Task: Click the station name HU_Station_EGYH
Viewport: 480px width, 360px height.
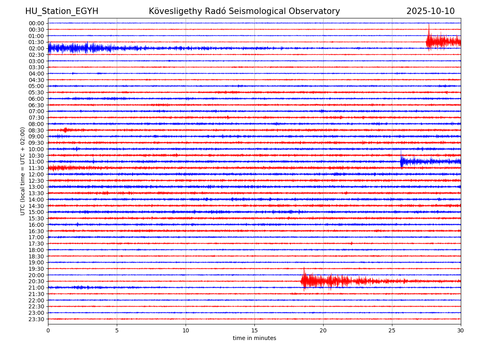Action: tap(62, 11)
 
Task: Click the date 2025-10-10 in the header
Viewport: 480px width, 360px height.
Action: tap(430, 11)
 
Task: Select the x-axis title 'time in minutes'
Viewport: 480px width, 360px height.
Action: tap(254, 338)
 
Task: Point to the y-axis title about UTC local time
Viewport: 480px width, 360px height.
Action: tap(23, 171)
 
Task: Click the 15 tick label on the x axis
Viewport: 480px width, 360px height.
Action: tap(254, 331)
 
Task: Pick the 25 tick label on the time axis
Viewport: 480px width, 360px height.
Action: tap(392, 331)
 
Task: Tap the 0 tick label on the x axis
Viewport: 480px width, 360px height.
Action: tap(48, 331)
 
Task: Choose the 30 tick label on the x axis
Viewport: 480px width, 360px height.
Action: tap(461, 331)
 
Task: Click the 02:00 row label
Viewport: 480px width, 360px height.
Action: tap(36, 48)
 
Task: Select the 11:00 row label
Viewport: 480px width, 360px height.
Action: tap(36, 162)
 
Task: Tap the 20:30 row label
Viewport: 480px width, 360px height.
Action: tap(36, 281)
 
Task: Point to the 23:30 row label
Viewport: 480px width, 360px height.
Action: tap(36, 319)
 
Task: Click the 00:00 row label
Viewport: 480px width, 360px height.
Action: tap(36, 23)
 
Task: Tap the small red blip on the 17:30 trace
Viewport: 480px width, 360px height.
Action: tap(352, 243)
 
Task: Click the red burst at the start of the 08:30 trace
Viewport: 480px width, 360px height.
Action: tap(65, 130)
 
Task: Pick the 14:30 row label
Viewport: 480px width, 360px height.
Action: tap(36, 206)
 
